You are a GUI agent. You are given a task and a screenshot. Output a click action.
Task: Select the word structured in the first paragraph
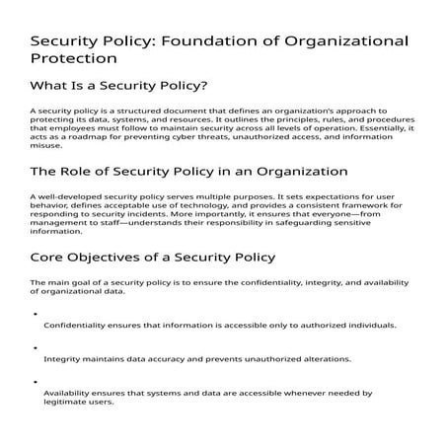point(119,112)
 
